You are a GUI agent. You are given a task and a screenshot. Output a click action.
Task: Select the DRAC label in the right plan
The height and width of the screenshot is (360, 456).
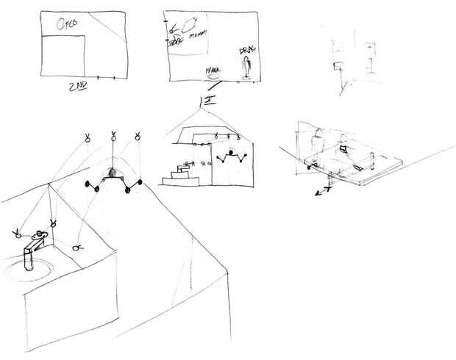coord(246,52)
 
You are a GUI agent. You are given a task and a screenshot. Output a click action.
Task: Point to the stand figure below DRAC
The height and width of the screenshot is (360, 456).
coord(246,68)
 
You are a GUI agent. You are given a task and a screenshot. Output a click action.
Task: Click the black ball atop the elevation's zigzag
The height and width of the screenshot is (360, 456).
coord(231,153)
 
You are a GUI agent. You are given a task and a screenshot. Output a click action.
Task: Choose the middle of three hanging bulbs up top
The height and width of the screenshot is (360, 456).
coord(113,136)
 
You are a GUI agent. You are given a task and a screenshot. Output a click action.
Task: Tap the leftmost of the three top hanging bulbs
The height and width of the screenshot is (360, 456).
coord(87,137)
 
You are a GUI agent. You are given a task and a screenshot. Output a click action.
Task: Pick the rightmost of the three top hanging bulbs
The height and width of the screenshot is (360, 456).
coord(138,136)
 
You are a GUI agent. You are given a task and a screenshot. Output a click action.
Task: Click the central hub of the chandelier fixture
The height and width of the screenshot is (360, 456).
coord(113,174)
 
